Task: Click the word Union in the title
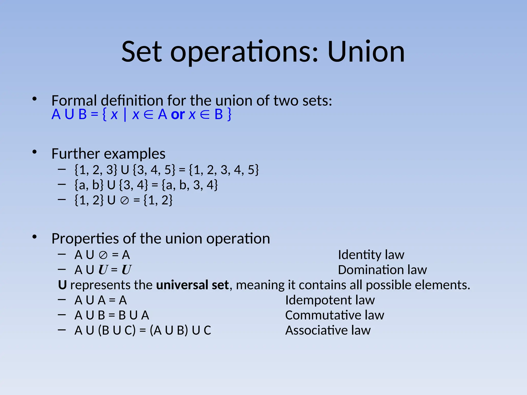(366, 52)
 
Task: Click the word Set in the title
(142, 52)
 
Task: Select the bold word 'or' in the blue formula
(178, 114)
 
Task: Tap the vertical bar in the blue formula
(125, 115)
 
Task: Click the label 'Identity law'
(371, 255)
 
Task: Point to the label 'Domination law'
(382, 270)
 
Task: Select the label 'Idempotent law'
(330, 300)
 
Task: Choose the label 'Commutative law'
(335, 315)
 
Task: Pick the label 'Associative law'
(328, 330)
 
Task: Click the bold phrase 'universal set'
(192, 285)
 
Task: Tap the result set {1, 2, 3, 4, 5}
(224, 170)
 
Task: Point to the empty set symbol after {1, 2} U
(125, 200)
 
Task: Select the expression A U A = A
(101, 300)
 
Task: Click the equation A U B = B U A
(112, 315)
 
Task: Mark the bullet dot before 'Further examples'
(34, 152)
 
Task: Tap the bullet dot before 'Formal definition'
(34, 99)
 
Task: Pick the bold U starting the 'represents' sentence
(62, 285)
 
